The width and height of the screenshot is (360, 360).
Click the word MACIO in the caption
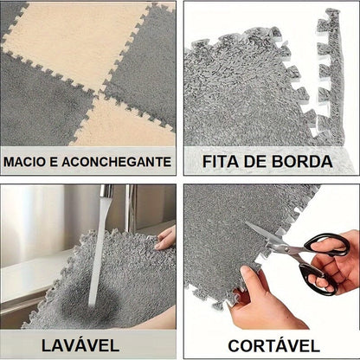(x=24, y=162)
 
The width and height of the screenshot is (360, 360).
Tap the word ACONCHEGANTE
(x=117, y=162)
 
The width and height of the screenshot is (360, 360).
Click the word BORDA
(x=302, y=161)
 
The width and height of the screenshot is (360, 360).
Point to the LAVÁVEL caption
(x=80, y=345)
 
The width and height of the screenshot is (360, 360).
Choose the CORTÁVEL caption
(x=273, y=345)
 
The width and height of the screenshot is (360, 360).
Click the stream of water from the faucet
(x=98, y=251)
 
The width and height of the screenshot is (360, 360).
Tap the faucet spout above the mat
(x=106, y=190)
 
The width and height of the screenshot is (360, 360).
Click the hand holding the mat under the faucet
(x=165, y=238)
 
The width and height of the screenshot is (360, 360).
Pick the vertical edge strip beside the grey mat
(x=331, y=78)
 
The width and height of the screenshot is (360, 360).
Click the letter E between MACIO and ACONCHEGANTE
(x=54, y=162)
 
